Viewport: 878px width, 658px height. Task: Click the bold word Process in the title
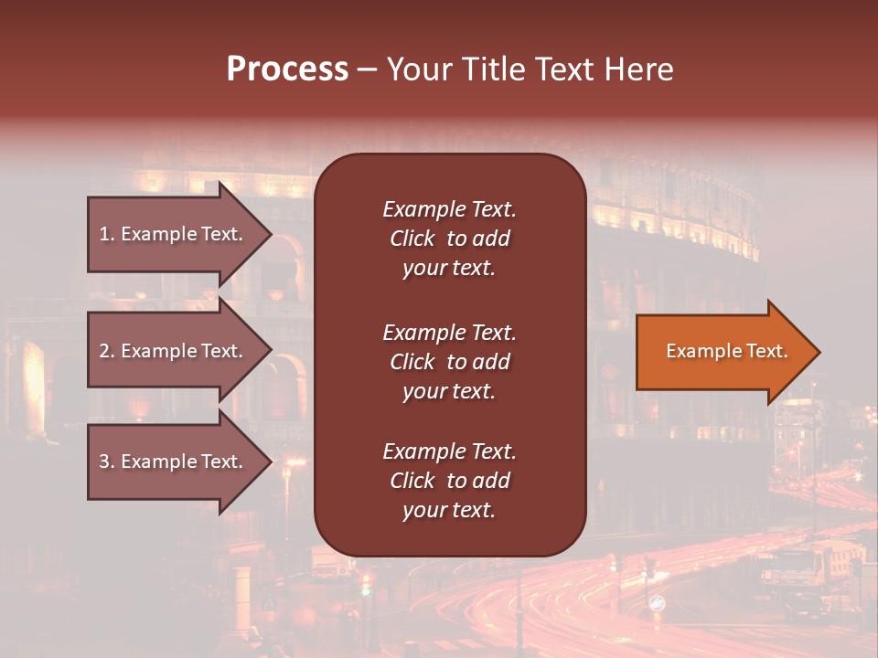pyautogui.click(x=287, y=69)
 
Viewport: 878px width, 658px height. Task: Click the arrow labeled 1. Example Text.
pyautogui.click(x=174, y=234)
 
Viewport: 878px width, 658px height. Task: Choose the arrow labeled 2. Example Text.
pyautogui.click(x=174, y=351)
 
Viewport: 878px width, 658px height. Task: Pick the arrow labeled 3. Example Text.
pyautogui.click(x=174, y=462)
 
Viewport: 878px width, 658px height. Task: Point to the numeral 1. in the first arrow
pyautogui.click(x=107, y=234)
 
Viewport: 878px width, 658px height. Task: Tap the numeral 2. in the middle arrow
pyautogui.click(x=107, y=351)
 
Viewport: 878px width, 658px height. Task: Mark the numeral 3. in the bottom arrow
pyautogui.click(x=107, y=462)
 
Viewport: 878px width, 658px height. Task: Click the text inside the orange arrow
pyautogui.click(x=726, y=351)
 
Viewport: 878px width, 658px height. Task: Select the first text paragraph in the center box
pyautogui.click(x=449, y=239)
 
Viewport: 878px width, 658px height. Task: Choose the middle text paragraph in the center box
pyautogui.click(x=449, y=362)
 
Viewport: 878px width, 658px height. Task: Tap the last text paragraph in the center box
pyautogui.click(x=449, y=481)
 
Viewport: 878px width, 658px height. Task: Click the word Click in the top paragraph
pyautogui.click(x=412, y=239)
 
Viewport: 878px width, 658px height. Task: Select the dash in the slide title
pyautogui.click(x=367, y=69)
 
